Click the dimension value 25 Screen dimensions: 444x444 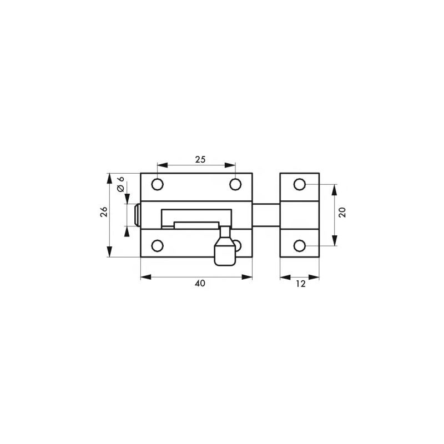coord(200,159)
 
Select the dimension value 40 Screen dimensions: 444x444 coord(200,283)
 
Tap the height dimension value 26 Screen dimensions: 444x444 coord(104,214)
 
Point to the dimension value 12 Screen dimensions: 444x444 coord(300,283)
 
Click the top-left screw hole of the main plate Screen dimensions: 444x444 coord(158,184)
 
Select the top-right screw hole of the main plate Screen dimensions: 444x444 coord(236,184)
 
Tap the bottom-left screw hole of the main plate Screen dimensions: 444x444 coord(158,245)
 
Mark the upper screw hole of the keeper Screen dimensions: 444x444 coord(300,184)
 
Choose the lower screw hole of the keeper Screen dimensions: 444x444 coord(300,245)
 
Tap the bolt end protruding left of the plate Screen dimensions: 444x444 coord(137,215)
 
